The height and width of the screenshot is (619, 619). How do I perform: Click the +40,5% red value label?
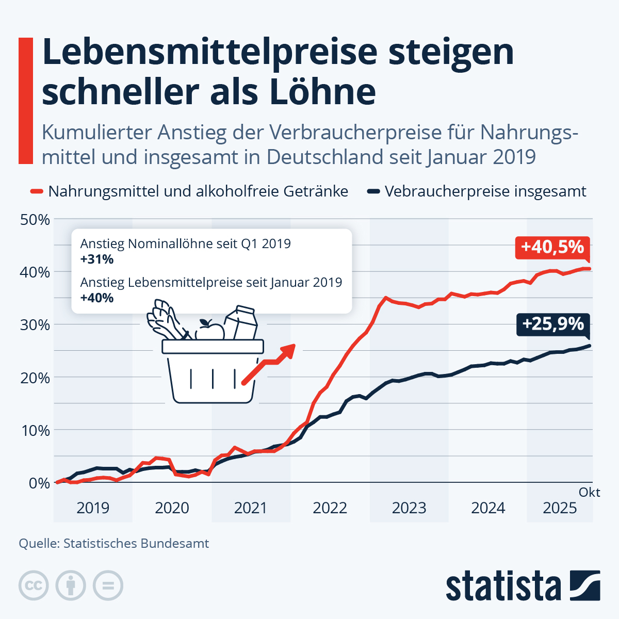click(x=552, y=247)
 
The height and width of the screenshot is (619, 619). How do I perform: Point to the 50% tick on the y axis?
click(x=35, y=220)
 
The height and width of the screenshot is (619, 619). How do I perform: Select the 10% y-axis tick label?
click(x=35, y=430)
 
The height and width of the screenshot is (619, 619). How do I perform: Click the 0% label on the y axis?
click(x=39, y=483)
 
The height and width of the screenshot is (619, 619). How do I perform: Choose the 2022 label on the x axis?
click(x=330, y=508)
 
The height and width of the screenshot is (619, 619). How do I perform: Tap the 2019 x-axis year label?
click(x=93, y=508)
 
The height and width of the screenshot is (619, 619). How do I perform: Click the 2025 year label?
click(x=560, y=508)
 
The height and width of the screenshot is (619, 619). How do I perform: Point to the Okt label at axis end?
click(x=589, y=493)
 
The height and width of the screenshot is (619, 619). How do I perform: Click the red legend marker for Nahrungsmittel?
click(x=36, y=192)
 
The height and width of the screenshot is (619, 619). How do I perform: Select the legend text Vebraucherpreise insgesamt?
click(x=485, y=192)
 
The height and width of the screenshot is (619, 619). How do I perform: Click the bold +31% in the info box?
click(x=97, y=259)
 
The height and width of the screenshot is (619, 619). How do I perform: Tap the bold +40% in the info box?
click(x=97, y=298)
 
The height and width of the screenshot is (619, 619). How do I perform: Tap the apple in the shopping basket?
click(x=210, y=330)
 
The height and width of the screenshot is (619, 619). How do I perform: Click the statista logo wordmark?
click(x=503, y=586)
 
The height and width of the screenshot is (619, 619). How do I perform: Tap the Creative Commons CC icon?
click(x=34, y=586)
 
